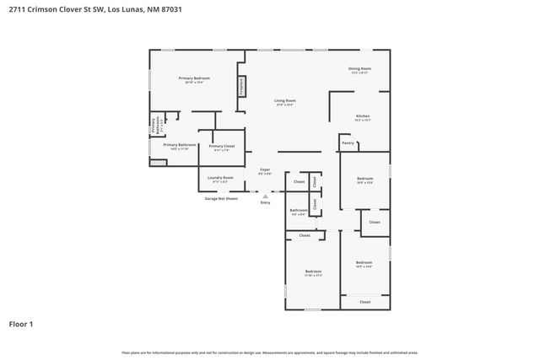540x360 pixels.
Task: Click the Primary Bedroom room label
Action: tap(193, 78)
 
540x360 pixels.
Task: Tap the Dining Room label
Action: tap(360, 69)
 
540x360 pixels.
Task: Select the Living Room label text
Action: tap(284, 101)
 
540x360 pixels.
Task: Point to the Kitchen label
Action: tap(362, 116)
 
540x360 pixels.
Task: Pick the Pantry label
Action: tap(348, 143)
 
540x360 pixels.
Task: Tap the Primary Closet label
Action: tap(222, 146)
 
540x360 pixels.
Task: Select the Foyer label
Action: tap(264, 169)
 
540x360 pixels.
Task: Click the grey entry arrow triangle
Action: tap(265, 196)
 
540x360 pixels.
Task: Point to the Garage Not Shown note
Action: tap(221, 199)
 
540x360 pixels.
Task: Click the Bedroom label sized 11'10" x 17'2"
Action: tap(312, 271)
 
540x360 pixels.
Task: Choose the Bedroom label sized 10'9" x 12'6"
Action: tap(364, 179)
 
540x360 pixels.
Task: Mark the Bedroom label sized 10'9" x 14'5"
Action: tap(364, 263)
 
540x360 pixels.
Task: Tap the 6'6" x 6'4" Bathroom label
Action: tap(299, 211)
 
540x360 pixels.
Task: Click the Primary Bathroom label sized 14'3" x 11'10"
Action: tap(180, 145)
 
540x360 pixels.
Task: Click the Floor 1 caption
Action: tap(21, 323)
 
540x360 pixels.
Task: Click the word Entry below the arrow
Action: tap(265, 203)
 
